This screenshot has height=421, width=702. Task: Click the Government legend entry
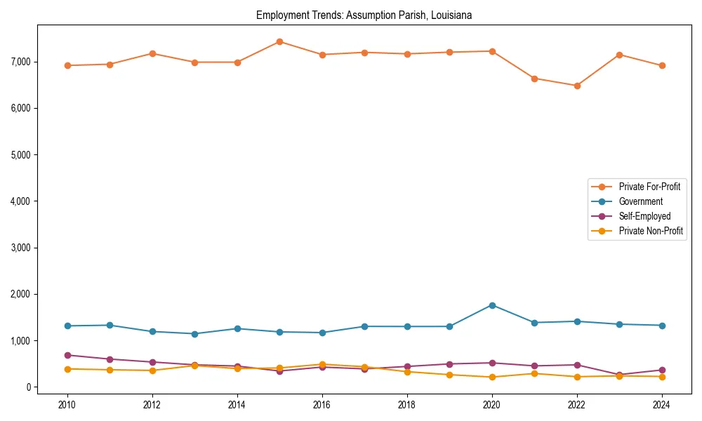(640, 201)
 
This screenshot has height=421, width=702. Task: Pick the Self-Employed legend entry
(644, 216)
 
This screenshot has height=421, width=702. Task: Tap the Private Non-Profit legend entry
(651, 231)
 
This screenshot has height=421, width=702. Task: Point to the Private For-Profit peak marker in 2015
(279, 41)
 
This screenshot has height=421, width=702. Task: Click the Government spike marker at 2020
(492, 305)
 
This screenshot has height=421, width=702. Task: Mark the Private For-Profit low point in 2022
(577, 86)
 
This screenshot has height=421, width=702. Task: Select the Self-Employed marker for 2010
(67, 355)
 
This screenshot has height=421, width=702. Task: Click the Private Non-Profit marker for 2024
(662, 377)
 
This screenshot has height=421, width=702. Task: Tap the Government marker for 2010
(67, 326)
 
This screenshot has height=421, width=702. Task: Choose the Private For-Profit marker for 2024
(662, 66)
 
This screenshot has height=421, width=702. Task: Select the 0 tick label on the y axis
(28, 387)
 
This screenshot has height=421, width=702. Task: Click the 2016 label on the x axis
(322, 405)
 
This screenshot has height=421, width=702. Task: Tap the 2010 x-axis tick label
(67, 405)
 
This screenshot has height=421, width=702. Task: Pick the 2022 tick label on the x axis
(577, 405)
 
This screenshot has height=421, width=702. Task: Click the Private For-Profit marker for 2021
(534, 79)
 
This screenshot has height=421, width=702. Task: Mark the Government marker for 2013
(194, 334)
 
